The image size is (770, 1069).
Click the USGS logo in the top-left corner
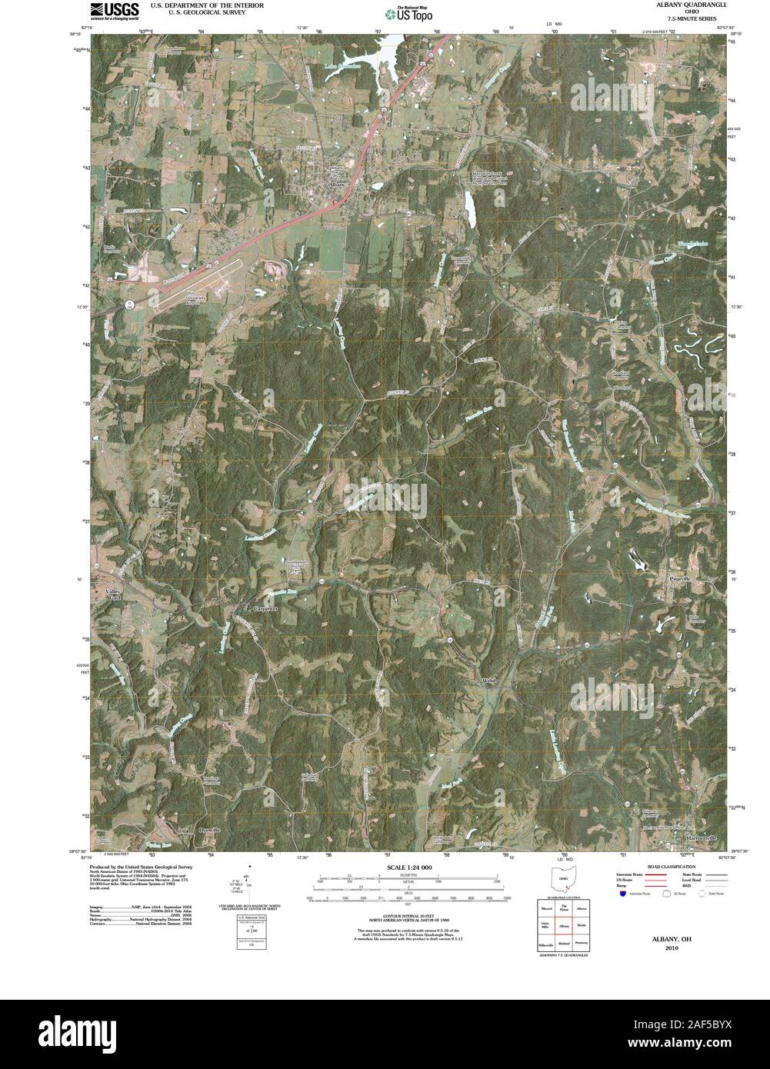click(114, 10)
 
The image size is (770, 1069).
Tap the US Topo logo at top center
click(409, 13)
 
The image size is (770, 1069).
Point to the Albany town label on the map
click(336, 185)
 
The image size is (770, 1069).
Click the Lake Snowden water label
click(343, 66)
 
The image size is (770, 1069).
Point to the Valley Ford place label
click(114, 594)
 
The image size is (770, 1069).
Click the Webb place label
click(492, 681)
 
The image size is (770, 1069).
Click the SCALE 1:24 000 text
click(406, 868)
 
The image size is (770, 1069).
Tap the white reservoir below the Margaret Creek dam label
click(468, 205)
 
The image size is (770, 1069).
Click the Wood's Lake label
click(692, 244)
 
